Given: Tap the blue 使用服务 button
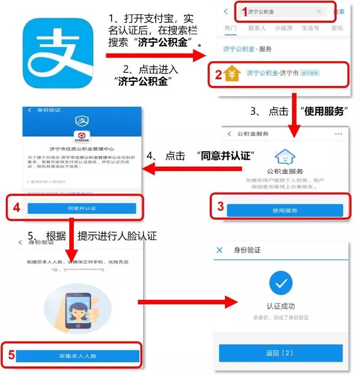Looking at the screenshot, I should tap(284, 210).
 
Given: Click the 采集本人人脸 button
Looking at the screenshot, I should tap(77, 356).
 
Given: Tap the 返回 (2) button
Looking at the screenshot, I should tap(280, 353).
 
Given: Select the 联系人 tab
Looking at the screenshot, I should tap(257, 28).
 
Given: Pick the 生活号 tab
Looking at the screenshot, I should tap(310, 28).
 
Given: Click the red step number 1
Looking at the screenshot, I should tap(245, 12).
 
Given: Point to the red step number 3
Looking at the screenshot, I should tap(220, 207).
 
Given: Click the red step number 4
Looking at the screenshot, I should tap(17, 208).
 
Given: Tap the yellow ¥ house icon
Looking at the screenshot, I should tap(233, 74).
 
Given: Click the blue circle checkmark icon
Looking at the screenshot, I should tap(281, 283).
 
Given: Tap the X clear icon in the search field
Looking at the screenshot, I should tap(319, 12).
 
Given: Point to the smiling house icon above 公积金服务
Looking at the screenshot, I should tap(284, 157).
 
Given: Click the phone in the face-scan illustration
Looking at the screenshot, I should tap(77, 310).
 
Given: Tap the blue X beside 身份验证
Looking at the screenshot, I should tap(220, 250).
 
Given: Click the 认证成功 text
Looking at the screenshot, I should tap(281, 306).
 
